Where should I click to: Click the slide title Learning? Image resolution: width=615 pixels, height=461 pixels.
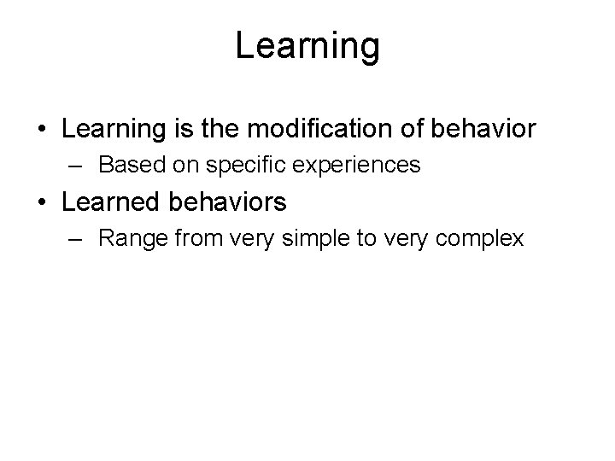point(307,47)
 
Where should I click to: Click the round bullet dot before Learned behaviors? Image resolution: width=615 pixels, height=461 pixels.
point(43,203)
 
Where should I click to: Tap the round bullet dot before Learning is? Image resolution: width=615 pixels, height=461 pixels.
point(43,130)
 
